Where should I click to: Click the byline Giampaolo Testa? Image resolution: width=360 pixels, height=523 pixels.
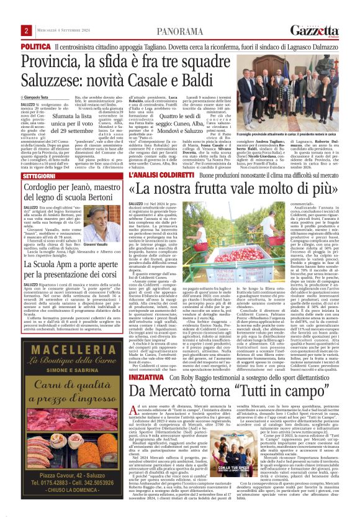[x=39, y=98]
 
